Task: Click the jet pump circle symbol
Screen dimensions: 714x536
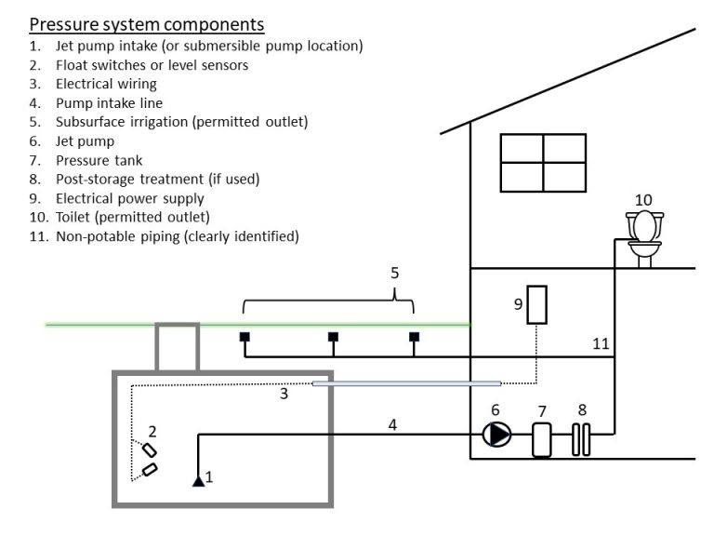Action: pyautogui.click(x=496, y=435)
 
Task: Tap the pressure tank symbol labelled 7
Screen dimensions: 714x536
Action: pyautogui.click(x=542, y=440)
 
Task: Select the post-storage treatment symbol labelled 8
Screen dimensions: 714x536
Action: pyautogui.click(x=581, y=439)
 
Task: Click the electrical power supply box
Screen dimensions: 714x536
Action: pyautogui.click(x=536, y=305)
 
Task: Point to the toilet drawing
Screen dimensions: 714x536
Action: pyautogui.click(x=644, y=238)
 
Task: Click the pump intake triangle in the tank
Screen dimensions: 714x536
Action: pyautogui.click(x=199, y=481)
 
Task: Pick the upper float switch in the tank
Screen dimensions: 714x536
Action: pyautogui.click(x=150, y=450)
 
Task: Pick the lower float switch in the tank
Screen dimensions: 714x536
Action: pyautogui.click(x=150, y=469)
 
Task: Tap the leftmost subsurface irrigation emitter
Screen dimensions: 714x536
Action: pyautogui.click(x=245, y=337)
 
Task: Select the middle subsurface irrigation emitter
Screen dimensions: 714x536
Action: pyautogui.click(x=334, y=337)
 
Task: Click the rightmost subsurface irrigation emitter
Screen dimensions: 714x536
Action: pyautogui.click(x=414, y=337)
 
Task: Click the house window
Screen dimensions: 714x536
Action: pyautogui.click(x=543, y=163)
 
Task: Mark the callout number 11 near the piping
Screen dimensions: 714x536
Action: pyautogui.click(x=601, y=343)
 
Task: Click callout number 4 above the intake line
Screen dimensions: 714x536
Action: pyautogui.click(x=392, y=424)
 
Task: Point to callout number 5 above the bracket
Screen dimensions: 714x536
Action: pyautogui.click(x=395, y=273)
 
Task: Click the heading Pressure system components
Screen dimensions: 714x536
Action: pyautogui.click(x=147, y=24)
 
